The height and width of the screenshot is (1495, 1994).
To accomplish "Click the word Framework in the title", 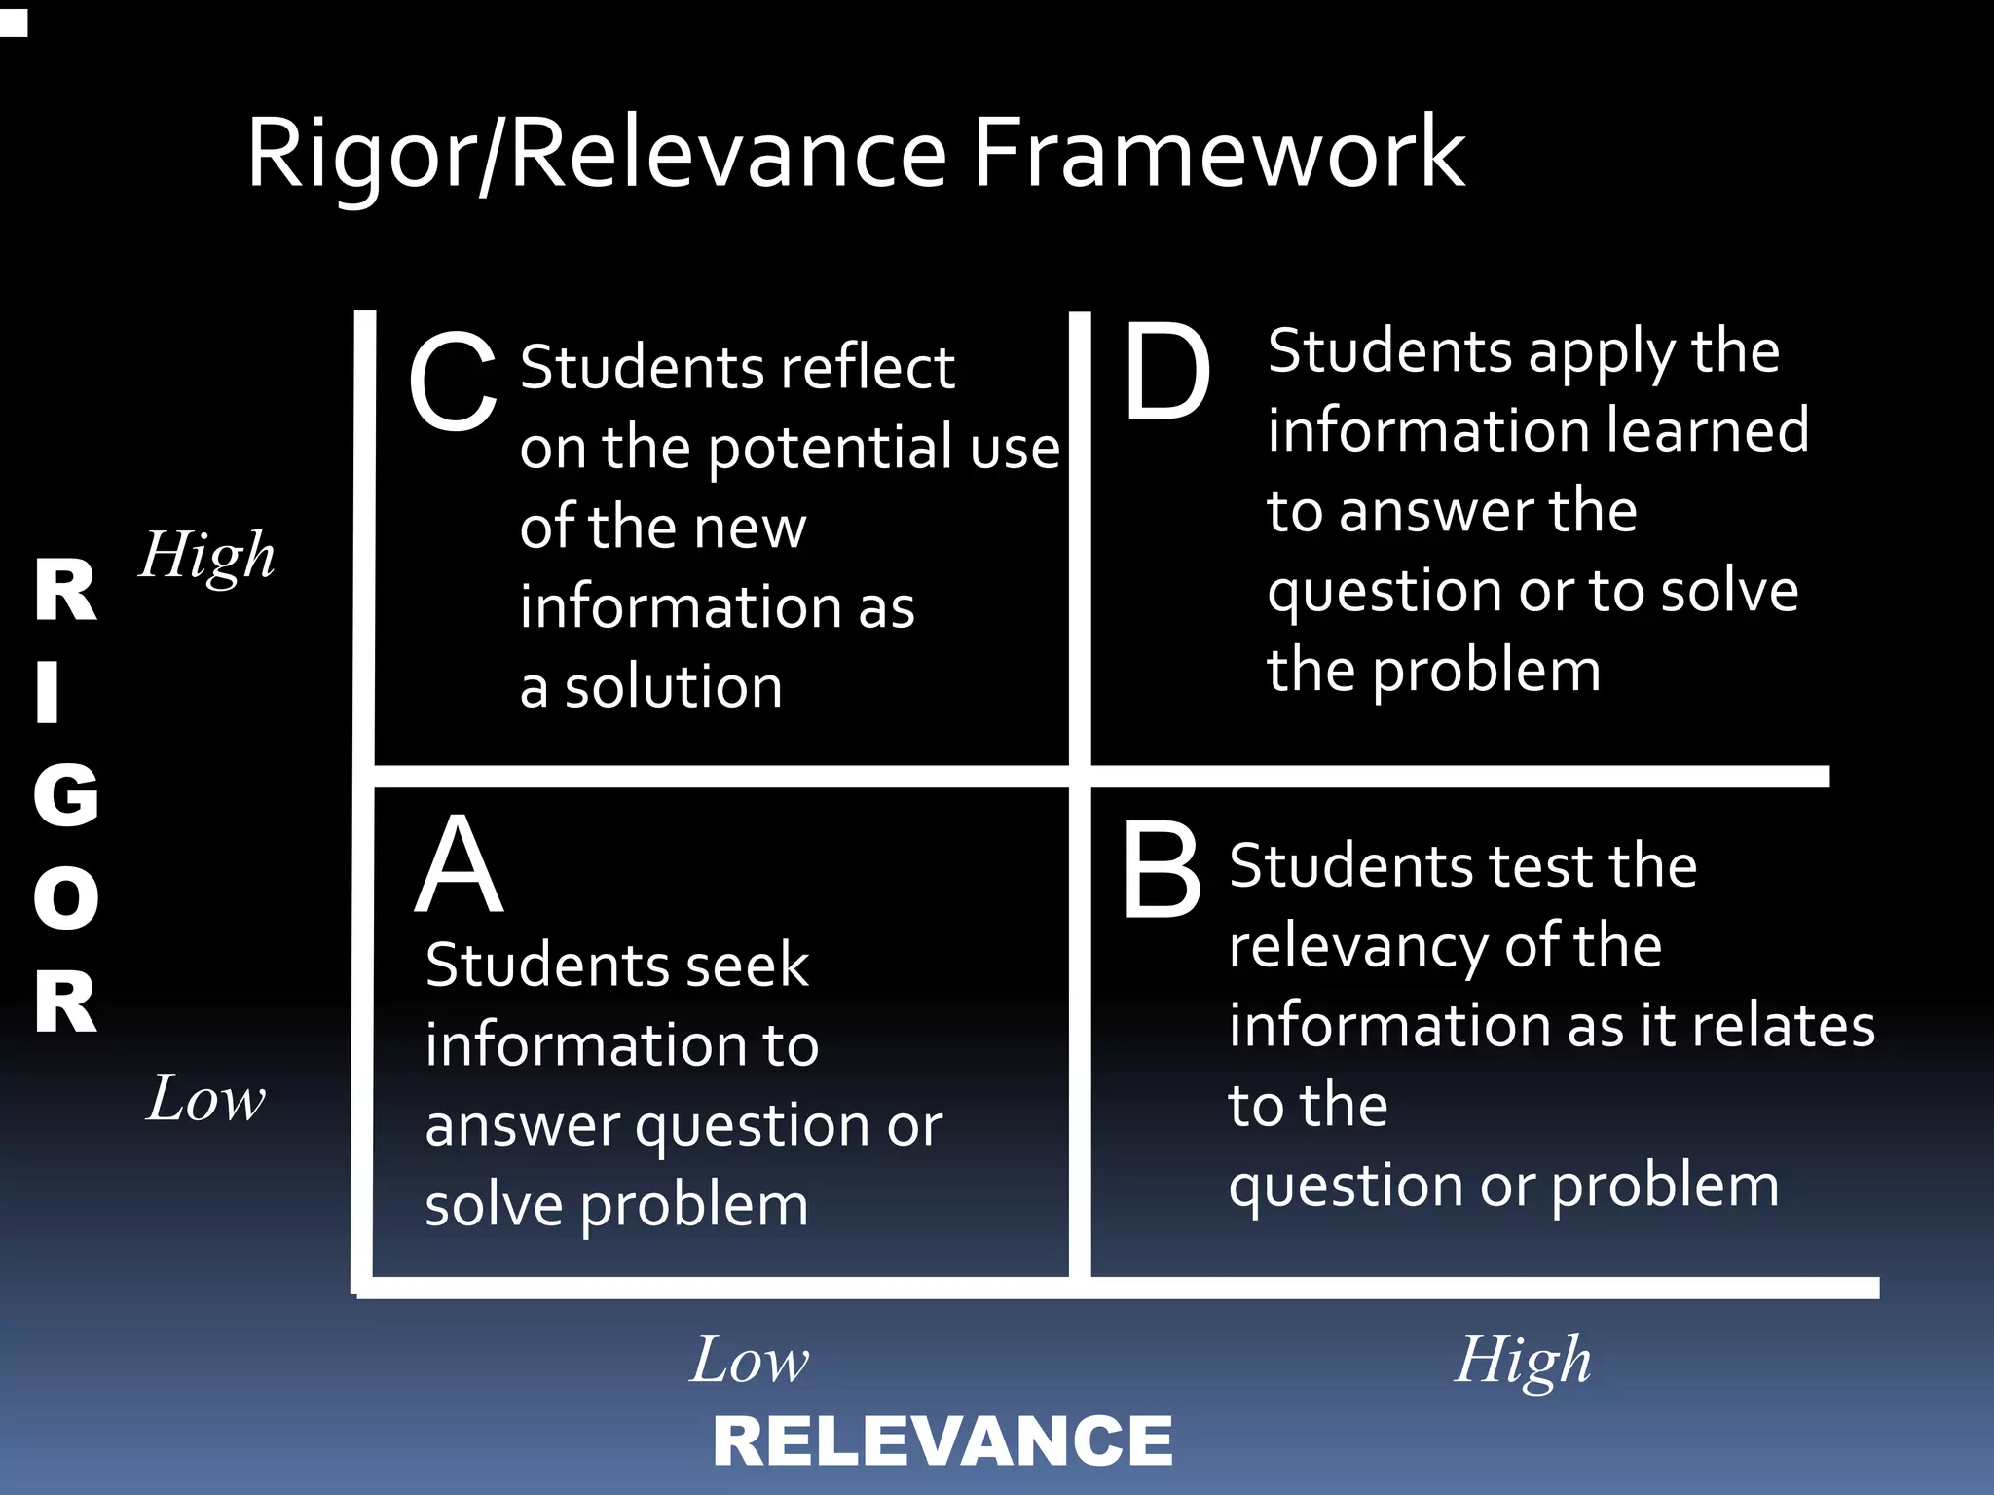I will point(1219,153).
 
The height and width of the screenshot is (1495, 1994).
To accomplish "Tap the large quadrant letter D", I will point(1166,372).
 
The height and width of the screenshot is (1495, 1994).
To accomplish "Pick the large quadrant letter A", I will point(460,865).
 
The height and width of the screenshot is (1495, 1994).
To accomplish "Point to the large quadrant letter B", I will point(1161,870).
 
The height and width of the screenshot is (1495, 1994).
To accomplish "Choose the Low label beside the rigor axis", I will point(205,1099).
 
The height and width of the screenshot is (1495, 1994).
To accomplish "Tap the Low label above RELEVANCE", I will point(750,1360).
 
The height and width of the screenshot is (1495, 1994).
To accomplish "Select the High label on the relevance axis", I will point(1523,1361).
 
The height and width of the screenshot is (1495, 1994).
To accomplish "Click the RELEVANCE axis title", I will point(942,1441).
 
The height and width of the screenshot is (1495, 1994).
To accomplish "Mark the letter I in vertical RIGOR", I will point(48,692).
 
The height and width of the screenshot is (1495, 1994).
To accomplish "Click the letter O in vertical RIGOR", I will point(66,897).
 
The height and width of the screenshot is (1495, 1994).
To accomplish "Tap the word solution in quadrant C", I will point(674,687).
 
